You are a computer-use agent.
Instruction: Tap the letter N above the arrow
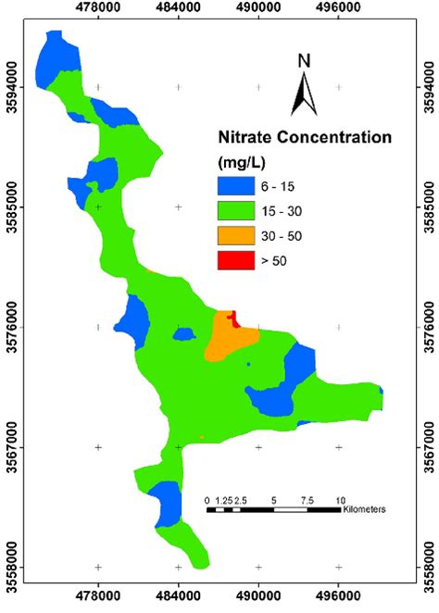[304, 62]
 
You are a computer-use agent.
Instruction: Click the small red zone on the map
[233, 319]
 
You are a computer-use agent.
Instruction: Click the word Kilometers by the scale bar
[363, 509]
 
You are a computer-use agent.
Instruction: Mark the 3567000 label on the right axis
[429, 446]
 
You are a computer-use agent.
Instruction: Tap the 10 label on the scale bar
[340, 499]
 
